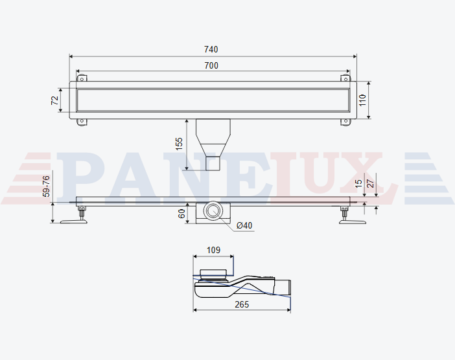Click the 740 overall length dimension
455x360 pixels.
click(211, 50)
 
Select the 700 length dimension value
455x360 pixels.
click(211, 66)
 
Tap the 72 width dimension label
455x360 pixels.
click(55, 100)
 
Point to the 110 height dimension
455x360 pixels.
click(362, 100)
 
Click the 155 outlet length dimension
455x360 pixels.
click(179, 144)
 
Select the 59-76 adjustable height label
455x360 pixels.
click(46, 186)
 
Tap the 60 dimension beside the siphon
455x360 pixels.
click(181, 214)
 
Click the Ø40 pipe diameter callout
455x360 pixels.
click(244, 225)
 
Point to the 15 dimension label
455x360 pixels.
click(358, 183)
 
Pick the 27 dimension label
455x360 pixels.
click(371, 183)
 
